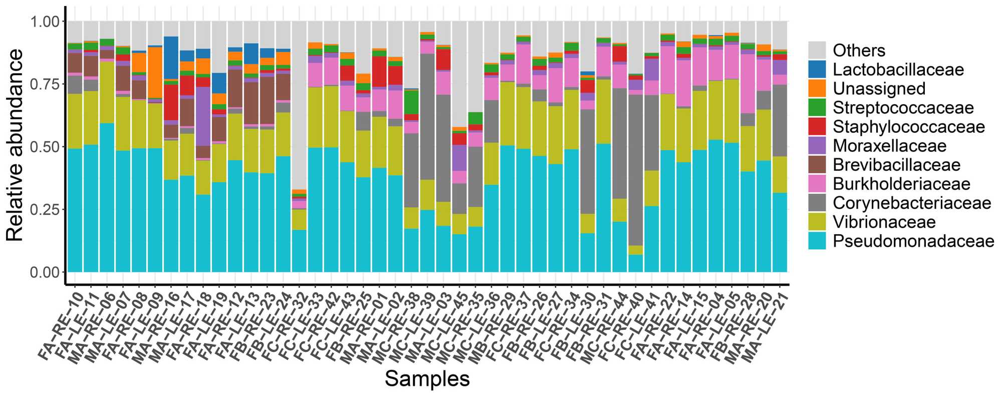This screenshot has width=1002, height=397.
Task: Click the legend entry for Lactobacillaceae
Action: tap(898, 70)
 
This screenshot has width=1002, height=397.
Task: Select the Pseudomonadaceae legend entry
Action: tap(913, 241)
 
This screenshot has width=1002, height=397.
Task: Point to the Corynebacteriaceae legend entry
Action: tap(911, 203)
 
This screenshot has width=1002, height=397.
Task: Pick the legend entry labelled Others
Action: tap(859, 51)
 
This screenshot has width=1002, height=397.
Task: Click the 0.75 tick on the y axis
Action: tap(45, 84)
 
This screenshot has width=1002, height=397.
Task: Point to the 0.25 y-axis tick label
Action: tap(45, 210)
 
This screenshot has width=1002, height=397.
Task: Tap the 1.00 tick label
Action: tap(45, 22)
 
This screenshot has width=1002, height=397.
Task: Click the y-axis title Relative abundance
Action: tap(15, 145)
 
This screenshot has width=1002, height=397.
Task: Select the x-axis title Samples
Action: tap(427, 379)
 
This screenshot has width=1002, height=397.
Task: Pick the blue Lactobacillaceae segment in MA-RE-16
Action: tap(171, 58)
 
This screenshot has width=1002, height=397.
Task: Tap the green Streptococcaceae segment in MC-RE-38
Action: tap(411, 102)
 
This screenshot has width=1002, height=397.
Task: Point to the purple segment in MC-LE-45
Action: tap(459, 158)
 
